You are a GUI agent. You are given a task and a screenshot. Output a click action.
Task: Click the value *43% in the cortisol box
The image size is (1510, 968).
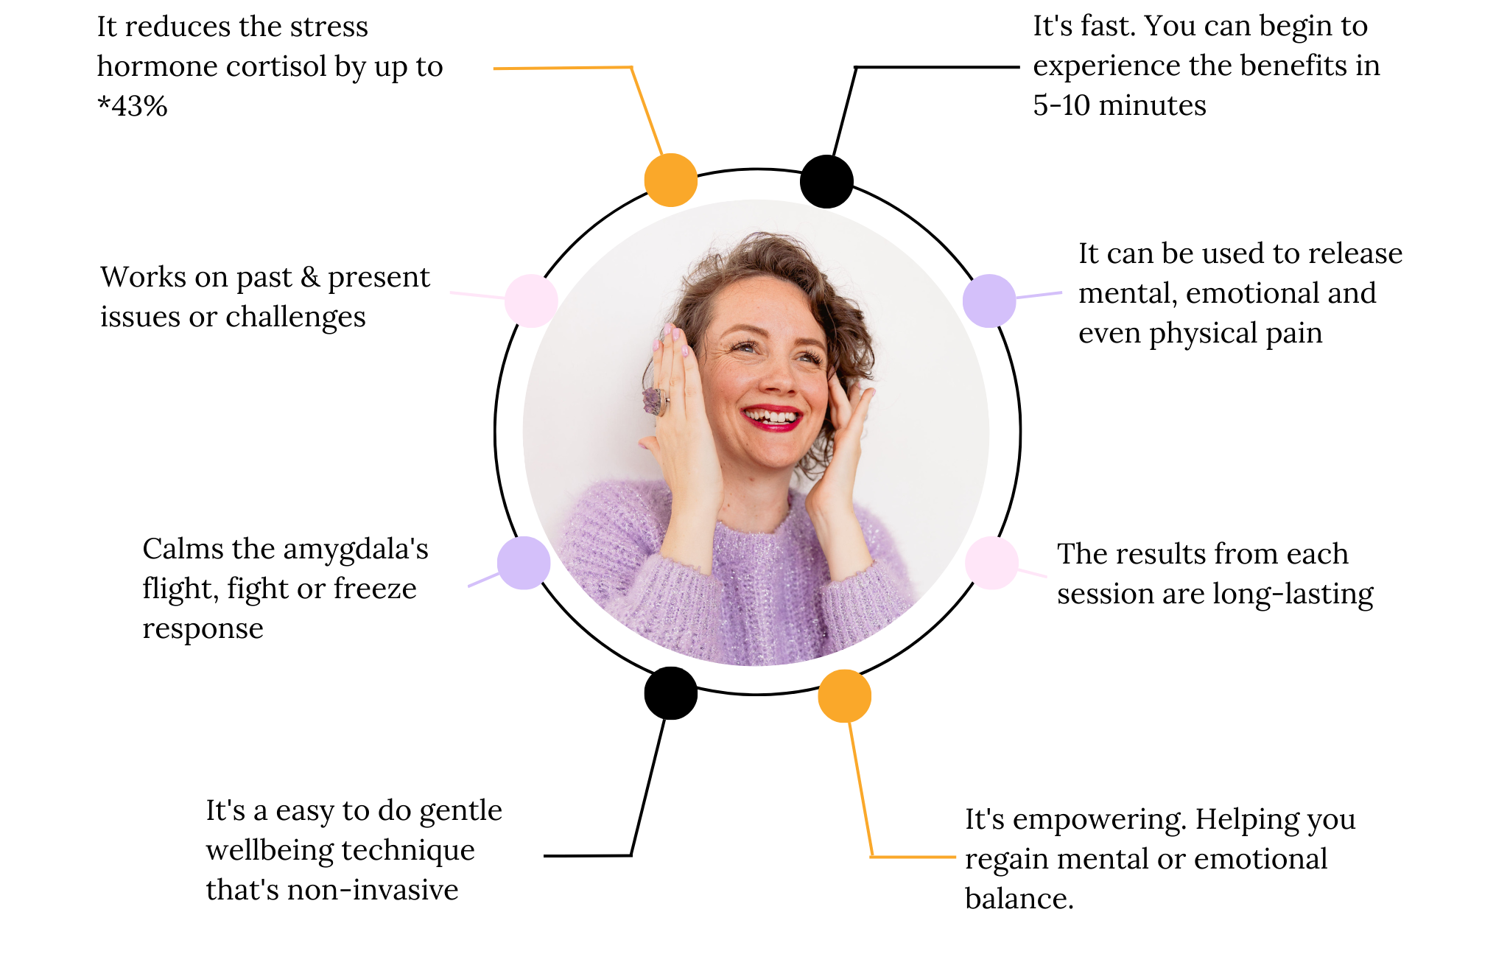[x=133, y=106]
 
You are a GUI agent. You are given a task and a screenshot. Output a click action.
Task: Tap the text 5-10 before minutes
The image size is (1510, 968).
[x=1061, y=105]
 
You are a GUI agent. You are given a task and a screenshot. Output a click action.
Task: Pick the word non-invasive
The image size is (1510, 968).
[x=373, y=890]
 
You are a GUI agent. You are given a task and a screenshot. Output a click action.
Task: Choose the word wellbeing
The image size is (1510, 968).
[x=280, y=850]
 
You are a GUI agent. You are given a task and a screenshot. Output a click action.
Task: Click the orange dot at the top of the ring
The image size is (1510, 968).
[x=670, y=180]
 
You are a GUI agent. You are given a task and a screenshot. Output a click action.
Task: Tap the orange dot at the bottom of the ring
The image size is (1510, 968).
[x=844, y=696]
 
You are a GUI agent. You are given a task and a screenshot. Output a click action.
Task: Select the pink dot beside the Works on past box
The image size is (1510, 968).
[x=530, y=301]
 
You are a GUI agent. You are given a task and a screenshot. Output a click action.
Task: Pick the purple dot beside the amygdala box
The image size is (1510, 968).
[x=523, y=563]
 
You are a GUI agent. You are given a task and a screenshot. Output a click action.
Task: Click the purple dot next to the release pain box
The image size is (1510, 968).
[x=989, y=301]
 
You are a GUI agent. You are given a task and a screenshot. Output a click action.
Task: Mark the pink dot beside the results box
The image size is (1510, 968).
[x=991, y=563]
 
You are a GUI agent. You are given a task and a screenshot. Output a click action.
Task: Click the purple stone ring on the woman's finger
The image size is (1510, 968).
[x=653, y=401]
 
